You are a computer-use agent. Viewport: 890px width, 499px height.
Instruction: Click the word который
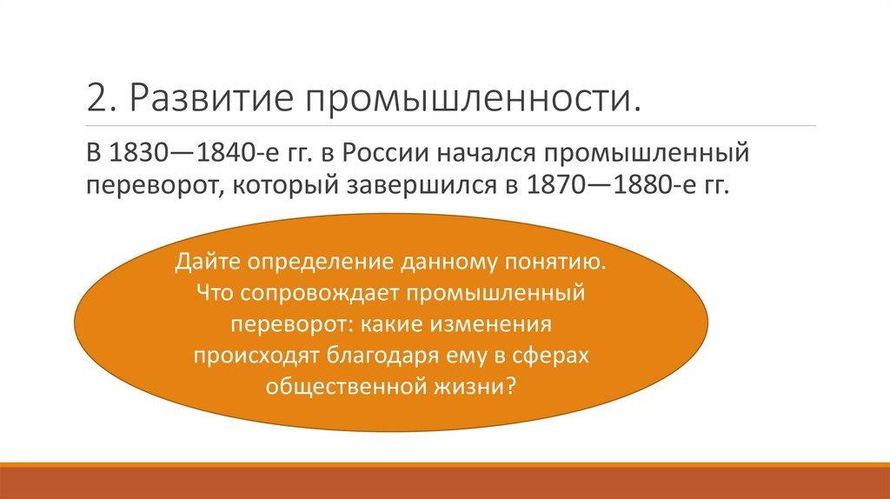282,186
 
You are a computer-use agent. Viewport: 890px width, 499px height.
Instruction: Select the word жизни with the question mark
481,386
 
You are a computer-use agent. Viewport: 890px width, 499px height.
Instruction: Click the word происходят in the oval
257,355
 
